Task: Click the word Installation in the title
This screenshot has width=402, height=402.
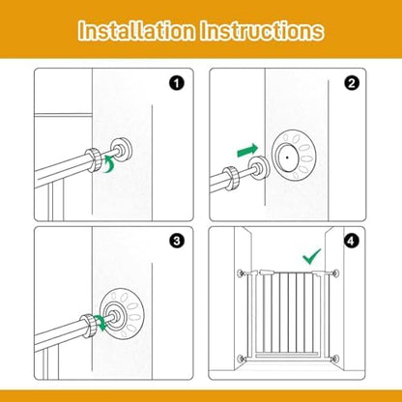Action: coord(136,31)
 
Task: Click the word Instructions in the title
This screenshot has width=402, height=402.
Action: coord(262,31)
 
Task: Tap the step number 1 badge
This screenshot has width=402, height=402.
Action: coord(177,84)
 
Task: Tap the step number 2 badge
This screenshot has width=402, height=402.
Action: coord(351,84)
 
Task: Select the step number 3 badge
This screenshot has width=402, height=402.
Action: coord(177,241)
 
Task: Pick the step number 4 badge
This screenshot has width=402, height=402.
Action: coord(351,241)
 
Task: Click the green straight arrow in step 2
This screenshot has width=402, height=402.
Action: coord(247,151)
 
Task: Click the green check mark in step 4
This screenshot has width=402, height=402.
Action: coord(311,256)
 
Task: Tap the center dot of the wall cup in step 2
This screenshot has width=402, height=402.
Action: coord(287,158)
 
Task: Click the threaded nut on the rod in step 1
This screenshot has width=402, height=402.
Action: coord(94,160)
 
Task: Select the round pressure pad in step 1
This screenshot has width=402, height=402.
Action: coord(122,151)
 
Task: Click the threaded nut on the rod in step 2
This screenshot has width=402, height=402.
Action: coord(232,179)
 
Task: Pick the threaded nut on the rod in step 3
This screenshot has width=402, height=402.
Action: coord(89,326)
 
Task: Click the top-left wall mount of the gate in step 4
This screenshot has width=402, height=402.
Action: coord(241,273)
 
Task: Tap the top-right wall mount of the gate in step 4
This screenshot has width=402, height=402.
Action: coord(336,273)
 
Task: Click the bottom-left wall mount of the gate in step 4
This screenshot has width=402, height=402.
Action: coord(241,359)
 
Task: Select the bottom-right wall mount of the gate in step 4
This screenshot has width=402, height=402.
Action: coord(336,359)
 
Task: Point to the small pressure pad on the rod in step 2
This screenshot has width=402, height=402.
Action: coord(260,168)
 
